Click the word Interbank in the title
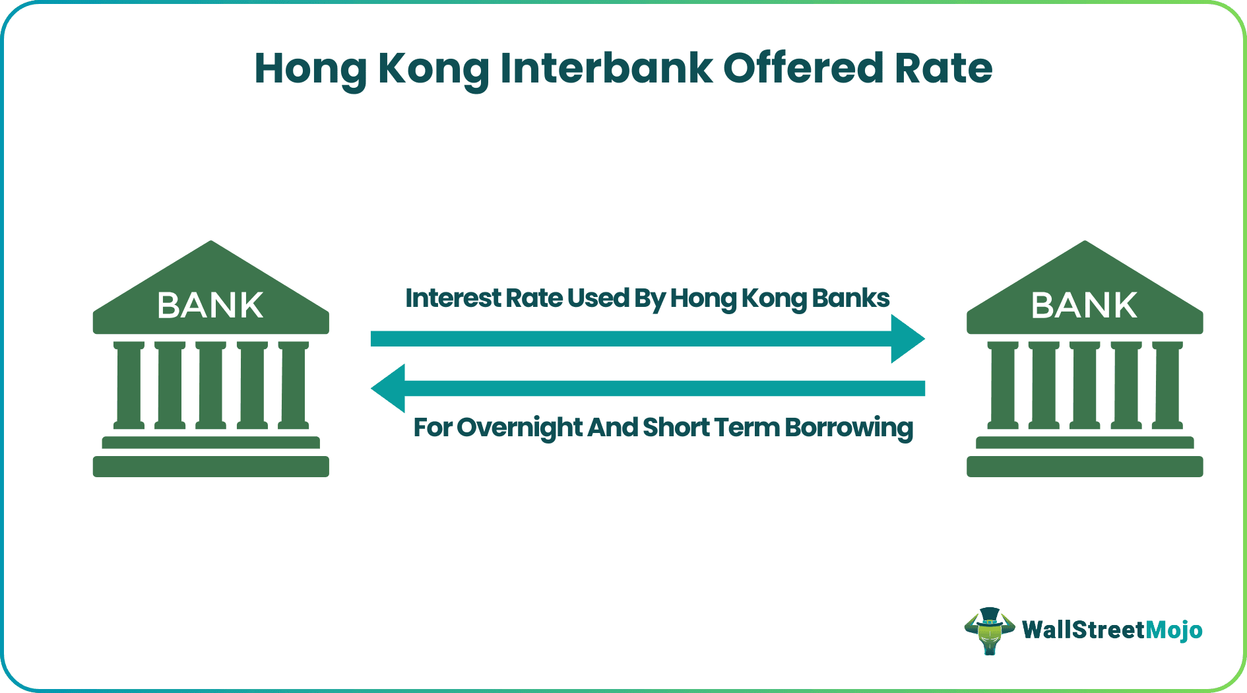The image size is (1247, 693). (x=606, y=68)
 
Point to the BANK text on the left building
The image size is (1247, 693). (x=210, y=306)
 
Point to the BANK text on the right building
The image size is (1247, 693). (x=1084, y=306)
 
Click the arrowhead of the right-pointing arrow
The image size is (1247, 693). (x=909, y=339)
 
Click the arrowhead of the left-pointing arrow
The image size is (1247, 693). (x=387, y=388)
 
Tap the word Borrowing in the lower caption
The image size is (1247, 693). (x=848, y=428)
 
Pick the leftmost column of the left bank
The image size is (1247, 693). (x=129, y=385)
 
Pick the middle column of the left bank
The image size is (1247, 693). (x=211, y=385)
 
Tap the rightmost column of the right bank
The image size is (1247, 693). (x=1167, y=385)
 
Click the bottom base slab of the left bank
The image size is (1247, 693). (x=210, y=467)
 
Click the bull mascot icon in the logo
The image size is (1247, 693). (x=989, y=631)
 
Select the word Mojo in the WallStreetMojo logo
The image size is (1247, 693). (x=1174, y=630)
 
